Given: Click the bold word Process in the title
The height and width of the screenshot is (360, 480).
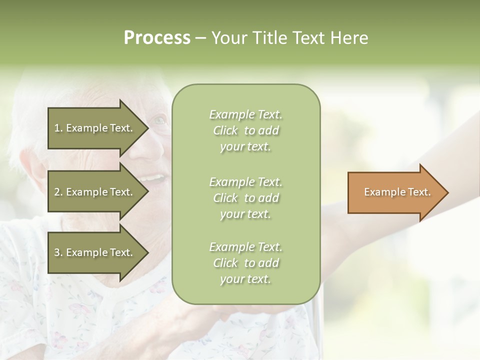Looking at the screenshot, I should pyautogui.click(x=157, y=38).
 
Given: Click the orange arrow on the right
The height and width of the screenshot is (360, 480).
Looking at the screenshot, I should pyautogui.click(x=395, y=192).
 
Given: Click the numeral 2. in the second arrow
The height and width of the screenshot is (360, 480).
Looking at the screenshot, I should pyautogui.click(x=58, y=192).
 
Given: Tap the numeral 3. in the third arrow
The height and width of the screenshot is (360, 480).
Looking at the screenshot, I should pyautogui.click(x=58, y=253).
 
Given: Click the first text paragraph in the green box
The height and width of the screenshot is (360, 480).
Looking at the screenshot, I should pyautogui.click(x=245, y=130).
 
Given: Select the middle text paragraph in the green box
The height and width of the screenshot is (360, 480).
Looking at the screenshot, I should pyautogui.click(x=245, y=198).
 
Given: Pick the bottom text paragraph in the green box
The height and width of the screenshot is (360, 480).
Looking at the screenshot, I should pyautogui.click(x=245, y=263).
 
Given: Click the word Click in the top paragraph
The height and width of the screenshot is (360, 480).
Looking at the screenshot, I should pyautogui.click(x=225, y=130).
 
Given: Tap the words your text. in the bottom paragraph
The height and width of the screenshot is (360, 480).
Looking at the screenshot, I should pyautogui.click(x=245, y=279).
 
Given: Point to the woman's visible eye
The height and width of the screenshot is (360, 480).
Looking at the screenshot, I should pyautogui.click(x=159, y=120).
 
